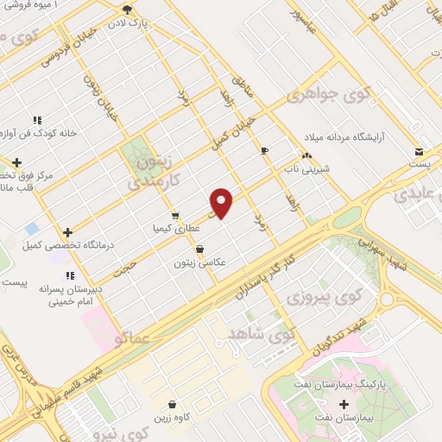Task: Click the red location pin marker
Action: point(222,202)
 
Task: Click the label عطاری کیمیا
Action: point(176,228)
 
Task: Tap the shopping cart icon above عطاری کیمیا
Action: point(175,215)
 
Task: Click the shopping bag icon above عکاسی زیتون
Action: point(199,249)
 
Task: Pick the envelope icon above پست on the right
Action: point(419,149)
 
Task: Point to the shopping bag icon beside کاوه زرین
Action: point(172,404)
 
